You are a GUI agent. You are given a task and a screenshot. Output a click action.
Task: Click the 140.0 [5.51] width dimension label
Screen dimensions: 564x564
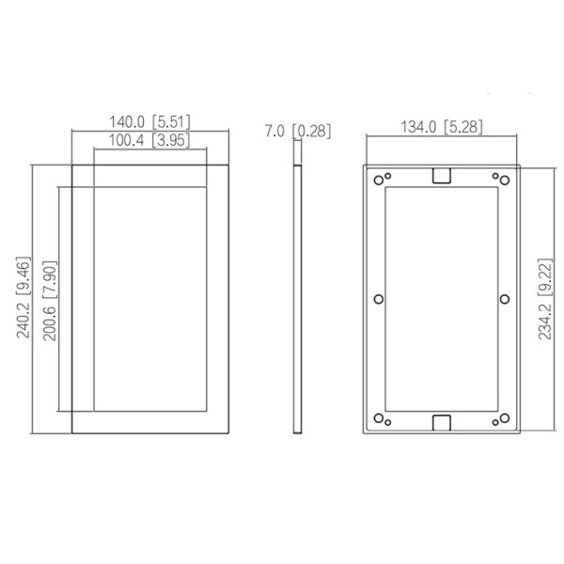tap(149, 122)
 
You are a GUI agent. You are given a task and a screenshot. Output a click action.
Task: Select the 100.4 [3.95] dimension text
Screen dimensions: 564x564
tap(149, 141)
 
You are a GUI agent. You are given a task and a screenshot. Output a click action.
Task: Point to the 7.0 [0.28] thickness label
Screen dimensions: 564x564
tap(298, 131)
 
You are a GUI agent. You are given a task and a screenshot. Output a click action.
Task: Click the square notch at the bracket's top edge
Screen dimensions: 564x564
tap(441, 175)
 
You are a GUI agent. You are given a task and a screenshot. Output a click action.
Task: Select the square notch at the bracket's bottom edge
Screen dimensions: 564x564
tap(441, 420)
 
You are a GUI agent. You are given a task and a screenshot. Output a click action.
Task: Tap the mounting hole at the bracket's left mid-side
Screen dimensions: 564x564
tap(378, 299)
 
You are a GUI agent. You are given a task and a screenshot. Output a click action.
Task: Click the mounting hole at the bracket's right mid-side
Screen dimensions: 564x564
tap(505, 299)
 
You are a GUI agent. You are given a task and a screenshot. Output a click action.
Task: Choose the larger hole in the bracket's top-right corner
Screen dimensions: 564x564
tap(505, 180)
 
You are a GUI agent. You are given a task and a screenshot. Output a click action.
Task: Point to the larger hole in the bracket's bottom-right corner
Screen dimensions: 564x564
tap(505, 417)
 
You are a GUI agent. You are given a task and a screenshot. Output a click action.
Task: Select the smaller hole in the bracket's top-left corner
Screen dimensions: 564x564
tap(387, 175)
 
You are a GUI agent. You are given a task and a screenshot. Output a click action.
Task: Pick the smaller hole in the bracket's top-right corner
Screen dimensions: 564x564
tap(495, 175)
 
